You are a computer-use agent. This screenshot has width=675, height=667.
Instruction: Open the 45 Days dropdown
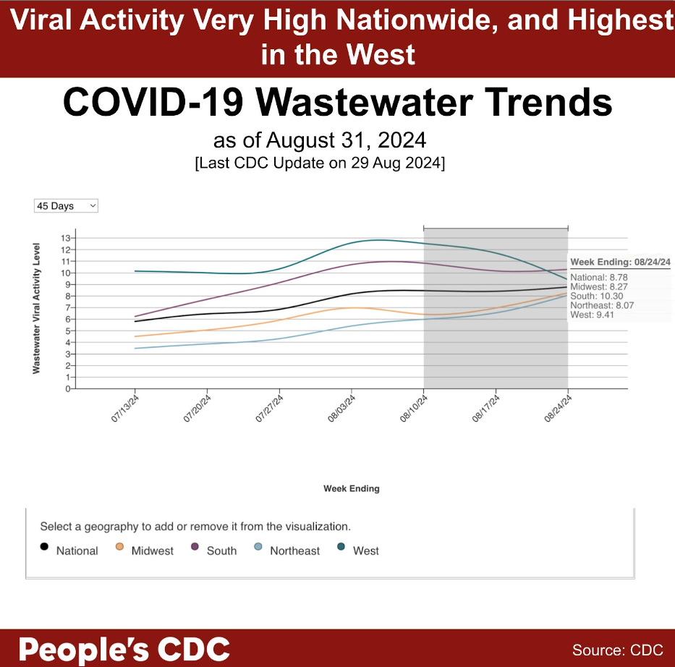(x=66, y=206)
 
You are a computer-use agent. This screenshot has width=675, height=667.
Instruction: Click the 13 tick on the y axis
(x=66, y=238)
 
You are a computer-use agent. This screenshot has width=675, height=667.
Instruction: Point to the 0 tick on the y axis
(x=68, y=388)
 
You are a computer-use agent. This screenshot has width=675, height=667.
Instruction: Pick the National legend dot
(x=45, y=548)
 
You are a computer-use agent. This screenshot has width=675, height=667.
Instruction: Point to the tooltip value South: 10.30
(x=596, y=296)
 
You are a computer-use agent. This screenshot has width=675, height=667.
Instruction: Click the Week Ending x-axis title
(x=351, y=488)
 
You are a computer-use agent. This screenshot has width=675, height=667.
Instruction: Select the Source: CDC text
(x=617, y=650)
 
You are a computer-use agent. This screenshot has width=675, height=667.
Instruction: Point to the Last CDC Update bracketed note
(x=320, y=163)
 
